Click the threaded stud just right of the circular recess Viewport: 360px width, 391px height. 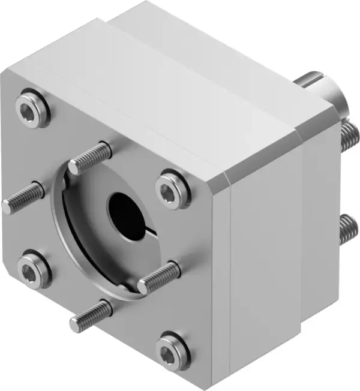pos(159,276)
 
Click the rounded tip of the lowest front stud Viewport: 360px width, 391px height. pos(75,324)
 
